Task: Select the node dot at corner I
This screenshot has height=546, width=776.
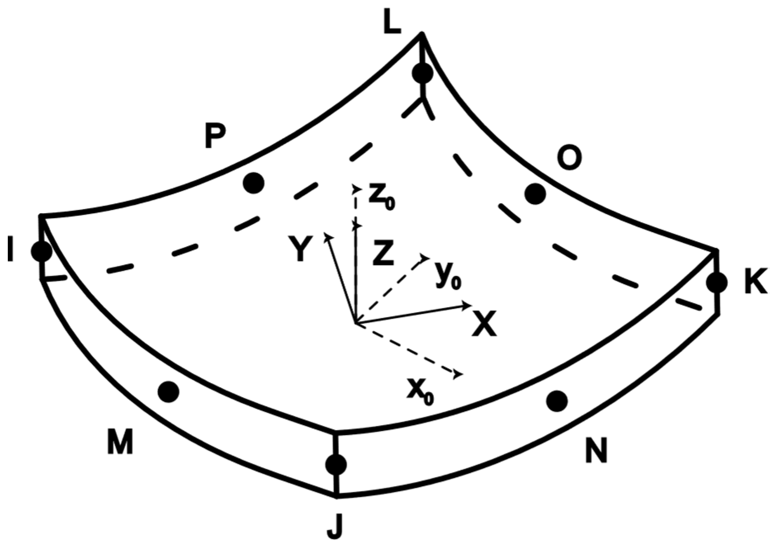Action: click(x=42, y=251)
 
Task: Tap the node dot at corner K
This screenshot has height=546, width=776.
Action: click(x=717, y=283)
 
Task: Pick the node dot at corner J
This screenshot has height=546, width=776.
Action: click(x=336, y=465)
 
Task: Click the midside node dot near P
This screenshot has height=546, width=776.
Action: click(x=253, y=183)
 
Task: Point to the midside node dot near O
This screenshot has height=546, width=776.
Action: click(x=535, y=194)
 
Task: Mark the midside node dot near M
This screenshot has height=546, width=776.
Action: click(x=168, y=392)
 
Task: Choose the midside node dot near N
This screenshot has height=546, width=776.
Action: click(x=557, y=401)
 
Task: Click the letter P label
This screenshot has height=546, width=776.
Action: click(x=215, y=136)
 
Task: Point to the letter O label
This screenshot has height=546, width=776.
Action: click(x=569, y=158)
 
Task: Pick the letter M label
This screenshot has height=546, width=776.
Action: click(x=120, y=441)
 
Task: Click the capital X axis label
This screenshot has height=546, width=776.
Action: click(x=484, y=323)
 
